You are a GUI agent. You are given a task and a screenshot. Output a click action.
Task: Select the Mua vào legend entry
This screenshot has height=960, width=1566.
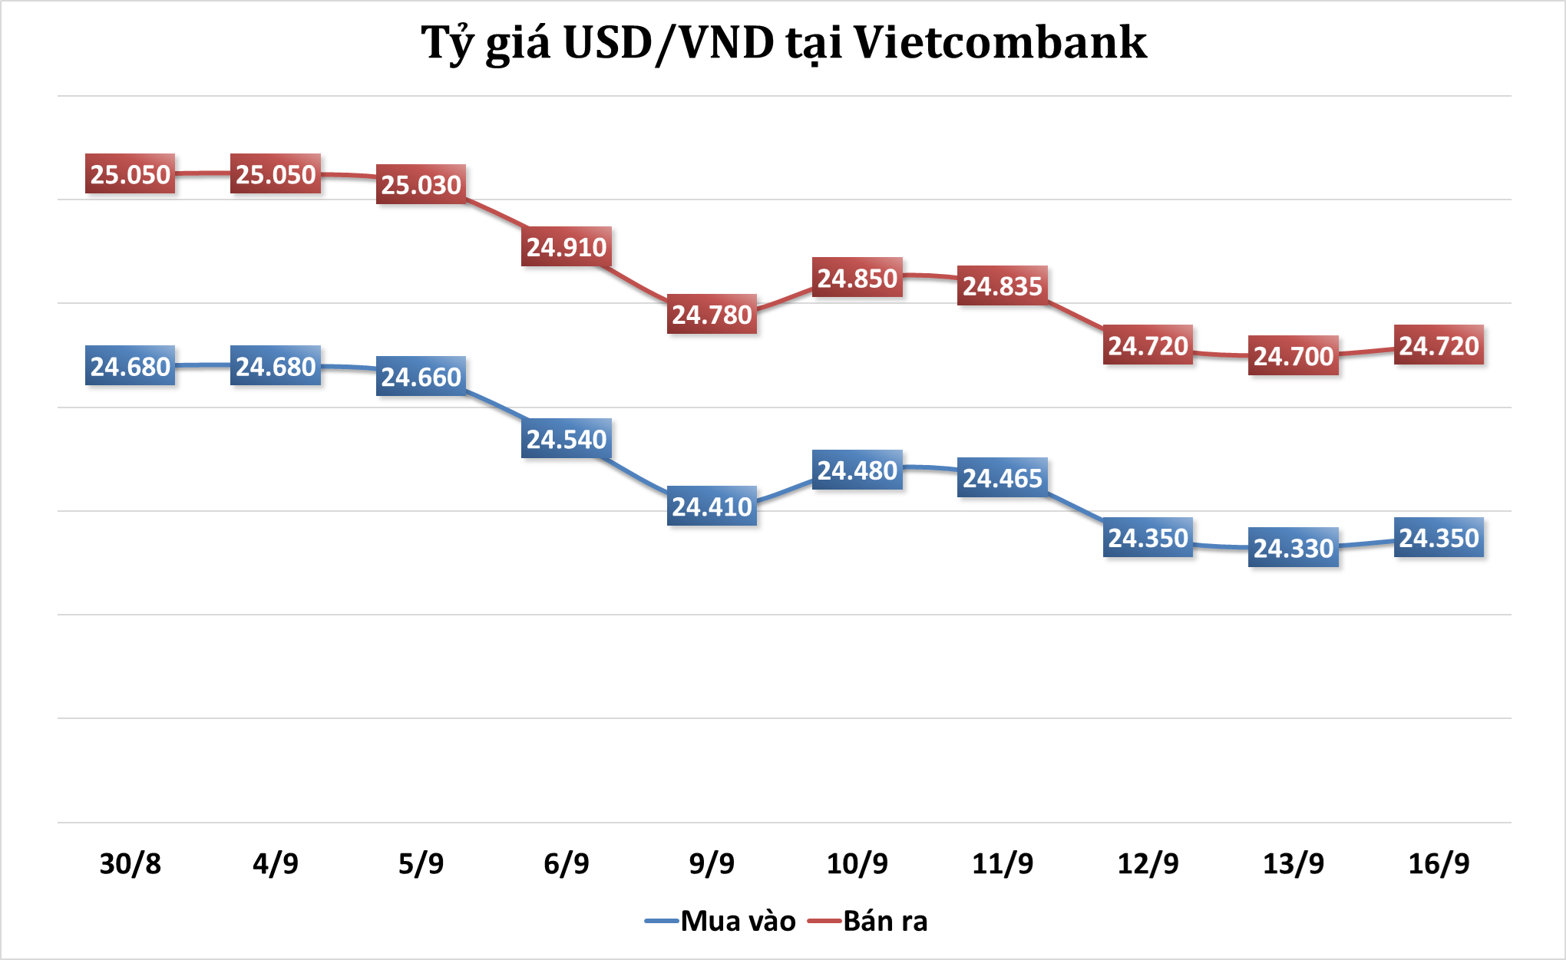(722, 921)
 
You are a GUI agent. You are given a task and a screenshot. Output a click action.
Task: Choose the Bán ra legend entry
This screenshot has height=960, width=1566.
(869, 921)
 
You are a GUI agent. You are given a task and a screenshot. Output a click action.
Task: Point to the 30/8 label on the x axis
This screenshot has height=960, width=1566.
(130, 864)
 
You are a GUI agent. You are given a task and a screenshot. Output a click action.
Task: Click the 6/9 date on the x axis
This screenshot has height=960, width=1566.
(567, 864)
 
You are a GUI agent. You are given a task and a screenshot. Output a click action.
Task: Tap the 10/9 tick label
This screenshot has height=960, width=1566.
(857, 864)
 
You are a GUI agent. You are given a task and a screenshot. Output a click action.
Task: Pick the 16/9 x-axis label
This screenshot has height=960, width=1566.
(1439, 864)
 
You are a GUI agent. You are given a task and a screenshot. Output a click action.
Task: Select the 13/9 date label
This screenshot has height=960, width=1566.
(1293, 864)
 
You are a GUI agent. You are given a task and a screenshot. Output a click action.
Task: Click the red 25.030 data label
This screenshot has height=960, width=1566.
(421, 185)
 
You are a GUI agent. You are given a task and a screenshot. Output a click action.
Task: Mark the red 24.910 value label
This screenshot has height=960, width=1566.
(567, 247)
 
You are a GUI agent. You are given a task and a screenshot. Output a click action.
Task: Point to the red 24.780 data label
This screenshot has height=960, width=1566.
(712, 315)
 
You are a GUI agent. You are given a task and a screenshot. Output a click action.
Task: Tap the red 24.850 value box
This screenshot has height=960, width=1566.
(857, 278)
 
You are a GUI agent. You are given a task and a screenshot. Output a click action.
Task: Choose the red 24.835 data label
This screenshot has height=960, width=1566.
(1003, 286)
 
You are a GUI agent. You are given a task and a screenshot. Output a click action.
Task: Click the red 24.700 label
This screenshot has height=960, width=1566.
(1293, 356)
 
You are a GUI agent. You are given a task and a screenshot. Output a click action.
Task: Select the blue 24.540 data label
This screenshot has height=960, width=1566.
(567, 439)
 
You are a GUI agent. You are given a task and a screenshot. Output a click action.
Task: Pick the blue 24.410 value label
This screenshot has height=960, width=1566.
(712, 506)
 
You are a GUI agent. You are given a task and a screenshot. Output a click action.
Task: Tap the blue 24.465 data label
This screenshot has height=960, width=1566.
(1003, 478)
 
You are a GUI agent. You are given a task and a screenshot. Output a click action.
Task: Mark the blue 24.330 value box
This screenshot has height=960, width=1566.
(1293, 548)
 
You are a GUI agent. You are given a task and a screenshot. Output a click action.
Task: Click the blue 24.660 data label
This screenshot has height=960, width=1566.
(421, 377)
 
